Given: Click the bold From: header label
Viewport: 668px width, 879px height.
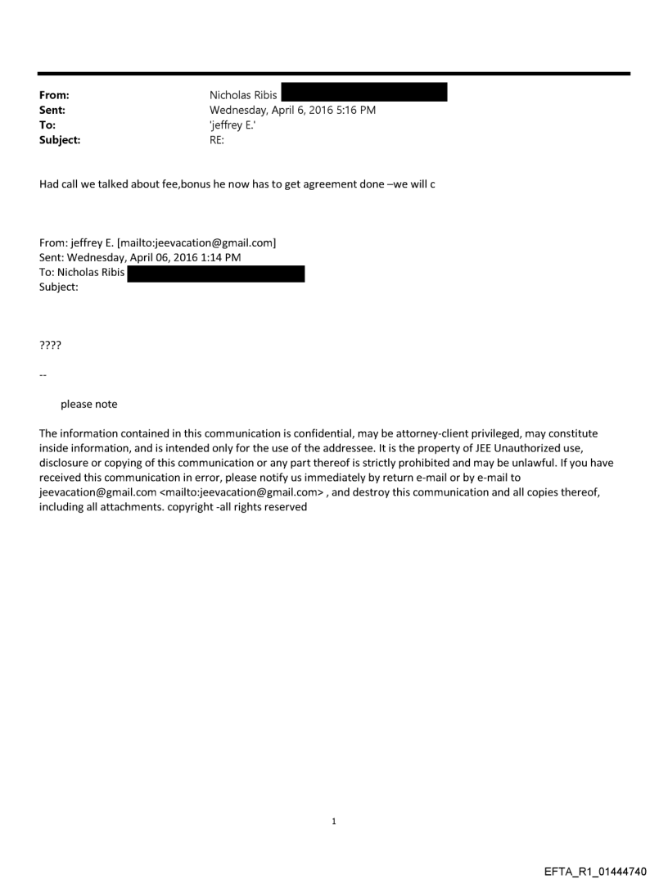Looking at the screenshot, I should click(x=54, y=96).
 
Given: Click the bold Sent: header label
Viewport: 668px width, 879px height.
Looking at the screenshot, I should click(x=52, y=110).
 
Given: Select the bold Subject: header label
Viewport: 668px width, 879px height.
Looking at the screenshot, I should click(x=60, y=139).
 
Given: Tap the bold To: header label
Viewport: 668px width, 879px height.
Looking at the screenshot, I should click(x=47, y=125).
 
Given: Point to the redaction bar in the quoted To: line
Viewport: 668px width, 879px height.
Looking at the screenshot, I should click(x=216, y=274).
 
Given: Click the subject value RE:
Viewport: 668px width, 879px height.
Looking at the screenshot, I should click(x=217, y=139).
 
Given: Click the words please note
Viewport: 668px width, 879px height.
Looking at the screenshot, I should click(x=88, y=404).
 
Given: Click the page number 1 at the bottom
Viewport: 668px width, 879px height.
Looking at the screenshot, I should click(x=334, y=822).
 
